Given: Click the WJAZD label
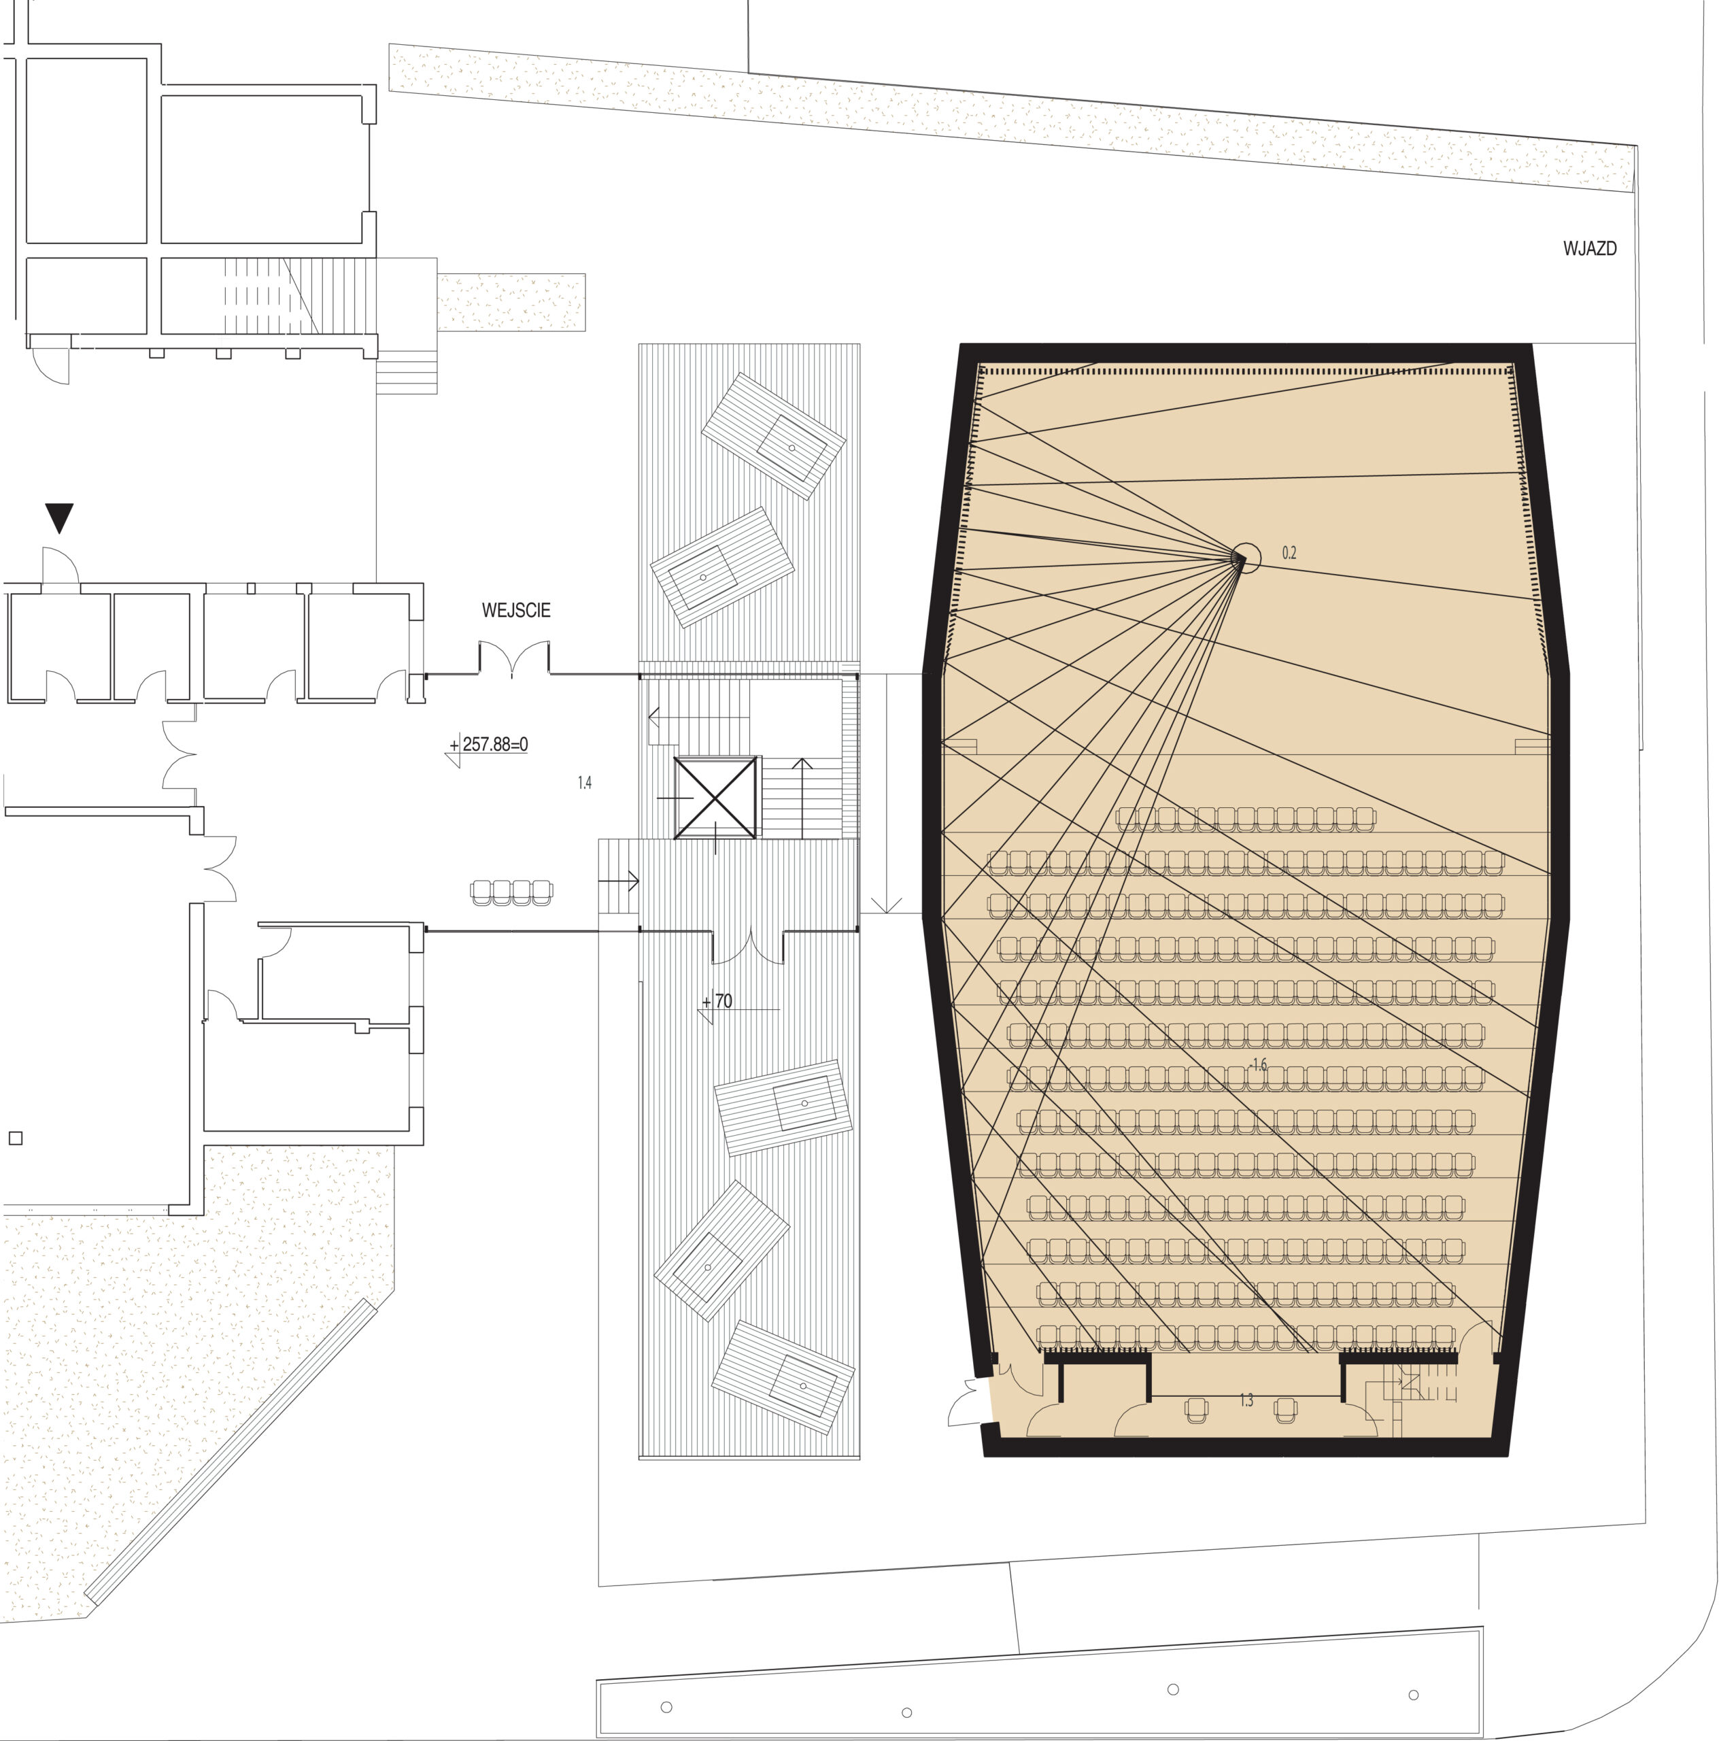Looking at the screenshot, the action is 1589,249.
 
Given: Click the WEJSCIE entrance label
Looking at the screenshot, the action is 515,610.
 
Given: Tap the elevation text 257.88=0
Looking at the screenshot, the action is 494,744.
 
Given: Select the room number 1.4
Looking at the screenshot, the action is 585,783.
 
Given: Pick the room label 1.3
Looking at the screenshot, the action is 1246,1400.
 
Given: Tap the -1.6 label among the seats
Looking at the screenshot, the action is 1258,1064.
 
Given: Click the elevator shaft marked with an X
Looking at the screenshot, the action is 715,798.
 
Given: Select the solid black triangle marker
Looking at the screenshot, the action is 59,518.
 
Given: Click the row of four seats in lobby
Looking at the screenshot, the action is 511,892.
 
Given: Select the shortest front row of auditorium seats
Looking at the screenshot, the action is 1246,819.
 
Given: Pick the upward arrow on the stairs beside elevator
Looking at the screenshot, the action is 802,798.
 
